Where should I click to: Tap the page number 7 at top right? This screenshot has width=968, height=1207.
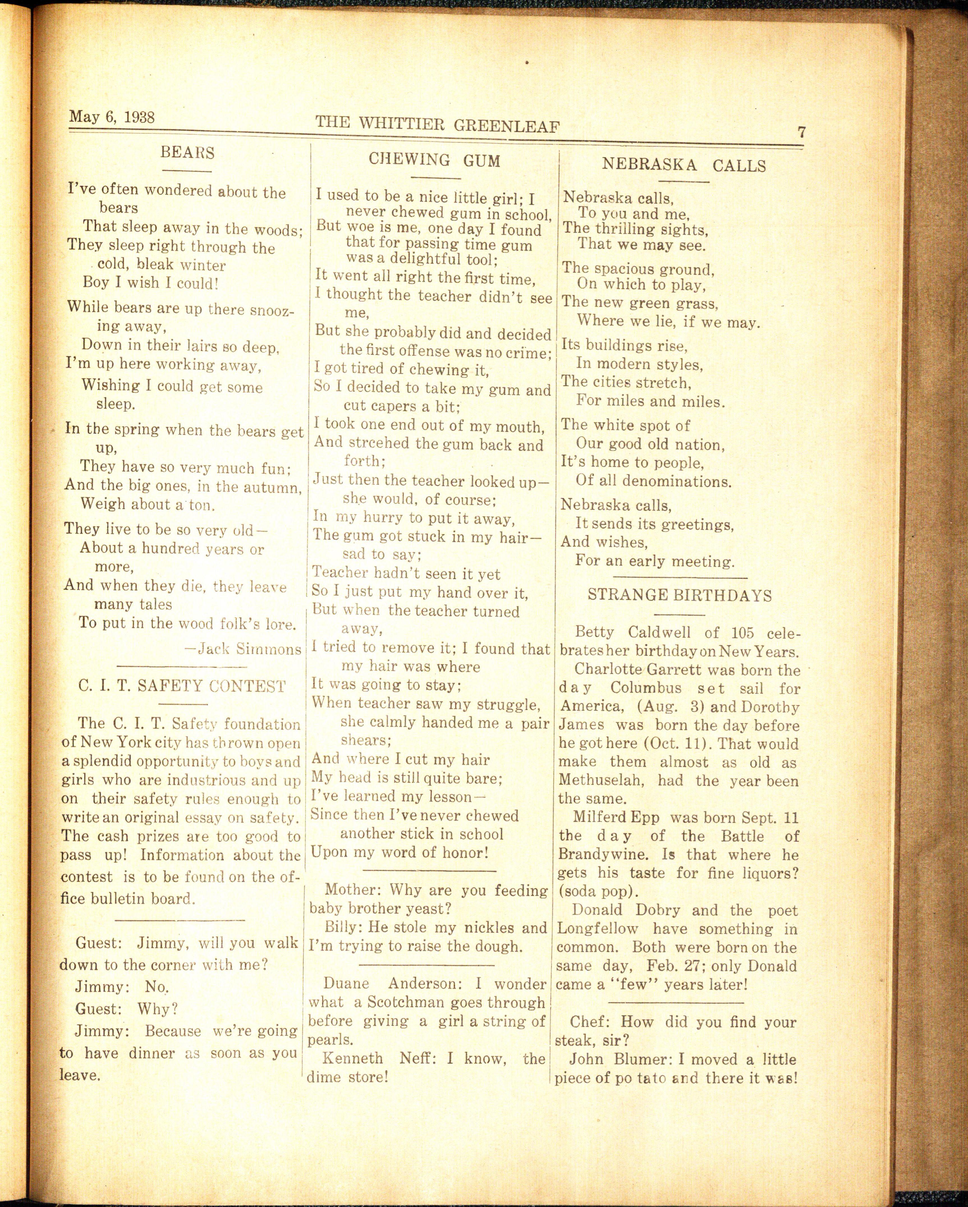802,133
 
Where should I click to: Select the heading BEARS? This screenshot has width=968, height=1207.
187,152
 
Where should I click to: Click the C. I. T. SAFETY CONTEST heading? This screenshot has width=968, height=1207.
182,686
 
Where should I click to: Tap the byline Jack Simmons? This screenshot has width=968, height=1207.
244,650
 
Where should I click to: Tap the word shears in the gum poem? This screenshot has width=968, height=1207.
365,741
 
